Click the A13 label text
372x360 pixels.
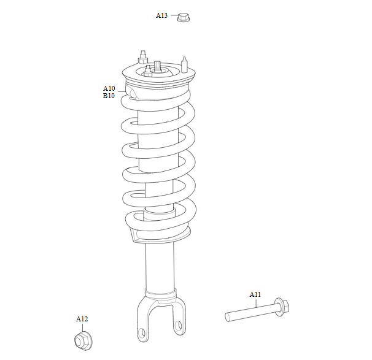[161, 15]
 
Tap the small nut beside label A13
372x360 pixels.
[184, 18]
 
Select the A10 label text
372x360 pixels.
[109, 88]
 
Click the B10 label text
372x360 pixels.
[109, 96]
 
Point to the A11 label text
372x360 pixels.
[255, 294]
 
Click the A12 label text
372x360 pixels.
[82, 319]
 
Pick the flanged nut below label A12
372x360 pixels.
[83, 341]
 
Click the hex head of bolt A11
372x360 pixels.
[286, 306]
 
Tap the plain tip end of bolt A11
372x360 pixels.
[227, 317]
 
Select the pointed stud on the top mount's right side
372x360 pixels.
[184, 64]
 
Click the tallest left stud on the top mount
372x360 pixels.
[143, 57]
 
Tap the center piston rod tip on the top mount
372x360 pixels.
[158, 66]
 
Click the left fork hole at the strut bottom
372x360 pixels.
[142, 333]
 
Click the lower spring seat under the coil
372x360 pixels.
[160, 236]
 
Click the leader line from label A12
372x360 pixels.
[83, 327]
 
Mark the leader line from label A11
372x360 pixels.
[256, 303]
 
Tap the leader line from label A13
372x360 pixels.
[174, 15]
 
